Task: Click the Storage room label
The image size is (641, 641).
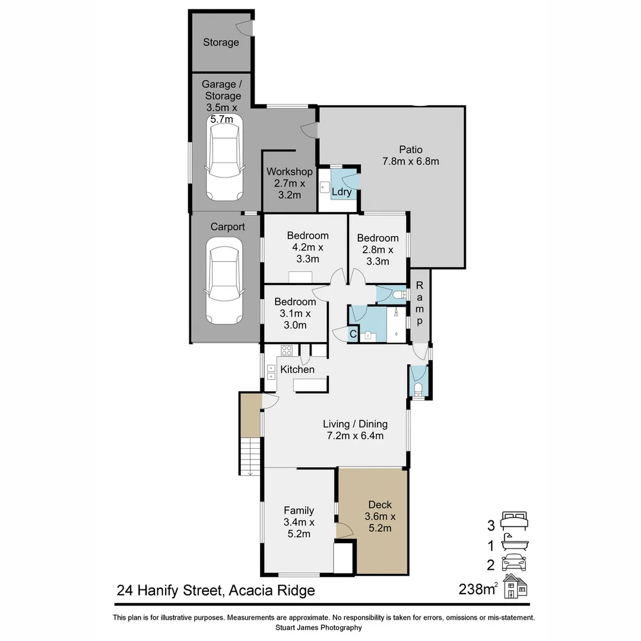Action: [221, 42]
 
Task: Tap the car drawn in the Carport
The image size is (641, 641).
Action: [224, 280]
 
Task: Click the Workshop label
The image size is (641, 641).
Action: [289, 172]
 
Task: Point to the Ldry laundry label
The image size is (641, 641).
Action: [341, 192]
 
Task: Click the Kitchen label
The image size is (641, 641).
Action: [297, 369]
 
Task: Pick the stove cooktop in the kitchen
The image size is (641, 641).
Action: [287, 350]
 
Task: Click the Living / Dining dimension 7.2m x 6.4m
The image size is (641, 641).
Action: [355, 436]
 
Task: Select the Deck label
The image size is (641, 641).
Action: [380, 504]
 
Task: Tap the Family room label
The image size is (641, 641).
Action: [299, 510]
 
